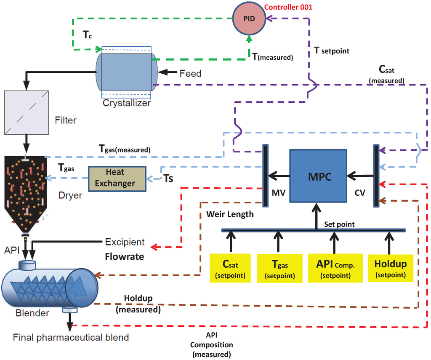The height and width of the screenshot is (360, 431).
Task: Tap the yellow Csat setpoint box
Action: point(230,268)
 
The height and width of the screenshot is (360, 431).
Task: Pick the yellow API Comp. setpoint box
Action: point(335,268)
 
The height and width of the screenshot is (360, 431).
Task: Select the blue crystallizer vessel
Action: point(126,72)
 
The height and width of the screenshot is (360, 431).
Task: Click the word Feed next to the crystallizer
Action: point(190,74)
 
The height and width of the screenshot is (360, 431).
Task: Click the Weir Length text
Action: point(230,214)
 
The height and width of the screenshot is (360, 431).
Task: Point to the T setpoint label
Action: point(332,51)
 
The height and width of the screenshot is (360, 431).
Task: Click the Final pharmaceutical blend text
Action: point(71,338)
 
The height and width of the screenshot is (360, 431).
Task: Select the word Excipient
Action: point(125,242)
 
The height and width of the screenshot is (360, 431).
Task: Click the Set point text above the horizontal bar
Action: point(339,224)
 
